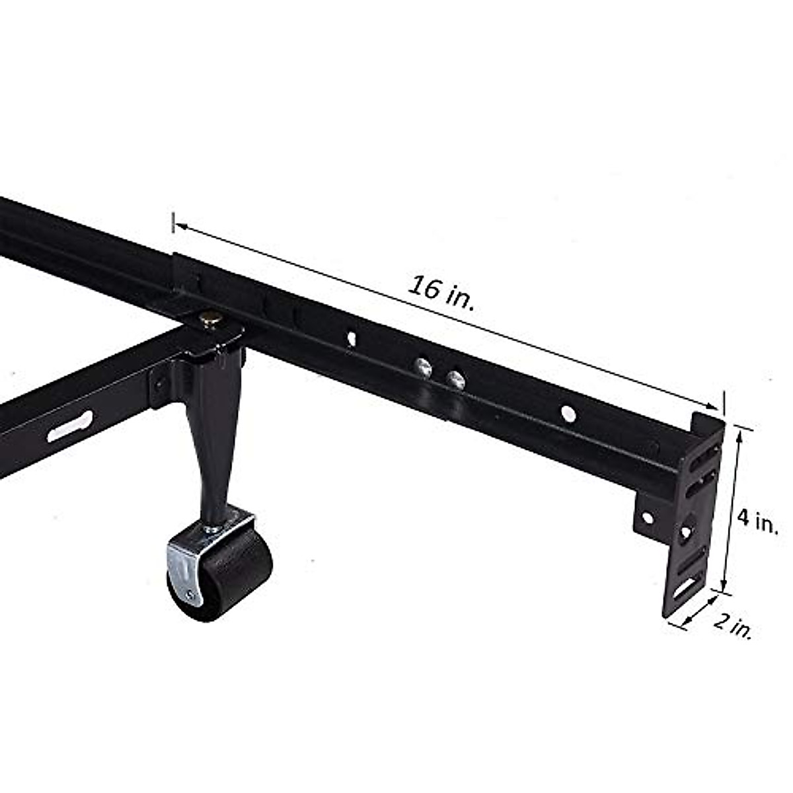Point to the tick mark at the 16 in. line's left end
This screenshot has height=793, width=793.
[x=173, y=222]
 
